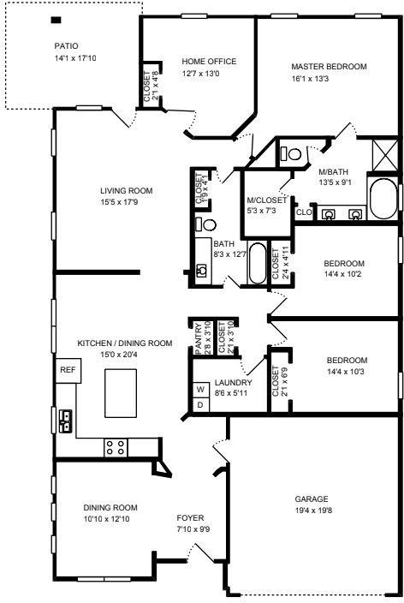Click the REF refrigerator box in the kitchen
(68, 370)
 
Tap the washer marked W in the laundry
(200, 390)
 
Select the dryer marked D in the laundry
(200, 405)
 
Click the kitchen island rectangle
(121, 393)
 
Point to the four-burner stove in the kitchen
(116, 448)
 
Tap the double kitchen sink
(66, 421)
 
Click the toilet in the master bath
(291, 154)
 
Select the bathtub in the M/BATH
(383, 199)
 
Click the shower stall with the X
(385, 155)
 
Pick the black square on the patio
(56, 20)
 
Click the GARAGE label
(312, 499)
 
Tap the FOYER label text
(190, 517)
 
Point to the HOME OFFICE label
(209, 61)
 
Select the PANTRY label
(199, 339)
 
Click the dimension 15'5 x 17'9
(119, 202)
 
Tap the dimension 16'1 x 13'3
(310, 79)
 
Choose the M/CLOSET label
(267, 200)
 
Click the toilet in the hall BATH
(205, 224)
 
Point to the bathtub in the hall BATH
(257, 264)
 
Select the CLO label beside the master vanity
(304, 212)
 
